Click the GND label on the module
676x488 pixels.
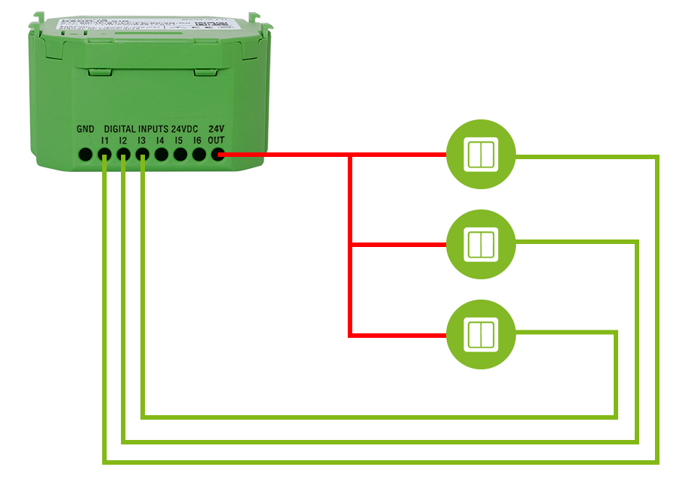click(x=85, y=129)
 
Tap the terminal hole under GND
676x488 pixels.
click(x=86, y=155)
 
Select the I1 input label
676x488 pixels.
click(x=104, y=140)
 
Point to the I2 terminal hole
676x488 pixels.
click(x=123, y=155)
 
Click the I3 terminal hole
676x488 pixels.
click(x=142, y=155)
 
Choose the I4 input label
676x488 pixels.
click(x=160, y=140)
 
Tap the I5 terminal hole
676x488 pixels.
click(x=180, y=155)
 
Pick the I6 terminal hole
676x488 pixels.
click(x=199, y=155)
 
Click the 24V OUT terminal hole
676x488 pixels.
click(x=218, y=155)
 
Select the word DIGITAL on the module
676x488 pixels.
click(x=119, y=129)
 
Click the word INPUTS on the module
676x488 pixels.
click(x=153, y=129)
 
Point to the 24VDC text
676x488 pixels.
click(x=185, y=129)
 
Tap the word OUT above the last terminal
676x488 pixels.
click(x=216, y=140)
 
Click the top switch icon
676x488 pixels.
click(x=481, y=155)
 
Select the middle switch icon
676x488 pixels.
click(x=481, y=245)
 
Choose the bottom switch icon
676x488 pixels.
click(x=481, y=335)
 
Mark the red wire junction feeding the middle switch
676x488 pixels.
click(x=351, y=245)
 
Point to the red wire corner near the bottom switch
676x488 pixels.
click(x=351, y=335)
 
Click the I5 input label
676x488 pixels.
click(x=179, y=140)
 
